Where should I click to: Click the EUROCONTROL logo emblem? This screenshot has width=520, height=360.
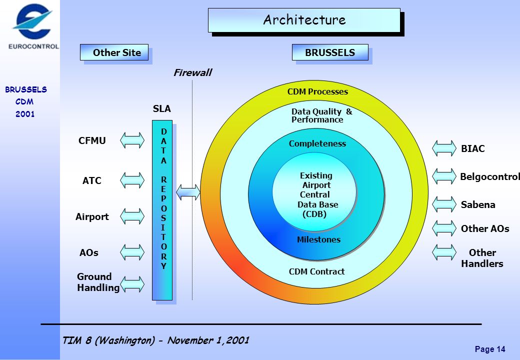click(x=32, y=21)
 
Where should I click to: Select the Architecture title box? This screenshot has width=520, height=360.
click(x=304, y=20)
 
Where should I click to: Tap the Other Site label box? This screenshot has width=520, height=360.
click(x=114, y=52)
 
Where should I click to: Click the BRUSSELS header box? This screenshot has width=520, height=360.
click(x=330, y=52)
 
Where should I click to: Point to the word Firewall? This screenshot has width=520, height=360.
click(x=192, y=72)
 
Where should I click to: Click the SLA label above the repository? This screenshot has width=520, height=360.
click(x=162, y=108)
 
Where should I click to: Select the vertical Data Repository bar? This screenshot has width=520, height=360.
click(x=162, y=210)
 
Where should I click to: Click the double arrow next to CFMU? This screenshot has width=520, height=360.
click(x=132, y=140)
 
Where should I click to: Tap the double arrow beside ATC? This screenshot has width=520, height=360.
click(x=132, y=180)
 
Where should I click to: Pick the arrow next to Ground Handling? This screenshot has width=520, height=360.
click(x=132, y=284)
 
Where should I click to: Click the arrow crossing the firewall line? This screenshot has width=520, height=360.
click(x=188, y=192)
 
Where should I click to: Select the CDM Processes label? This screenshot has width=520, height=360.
click(x=317, y=91)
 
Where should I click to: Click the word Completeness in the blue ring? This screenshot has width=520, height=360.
click(x=317, y=143)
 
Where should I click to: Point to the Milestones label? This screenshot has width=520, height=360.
click(x=318, y=239)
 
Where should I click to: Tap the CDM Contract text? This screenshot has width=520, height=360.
click(x=316, y=271)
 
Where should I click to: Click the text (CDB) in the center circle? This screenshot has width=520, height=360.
click(x=314, y=214)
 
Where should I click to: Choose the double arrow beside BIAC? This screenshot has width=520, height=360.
click(x=444, y=148)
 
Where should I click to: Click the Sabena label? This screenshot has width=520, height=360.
click(x=478, y=204)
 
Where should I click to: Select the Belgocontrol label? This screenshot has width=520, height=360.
click(x=490, y=176)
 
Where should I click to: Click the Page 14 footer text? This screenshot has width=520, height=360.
click(x=490, y=349)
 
